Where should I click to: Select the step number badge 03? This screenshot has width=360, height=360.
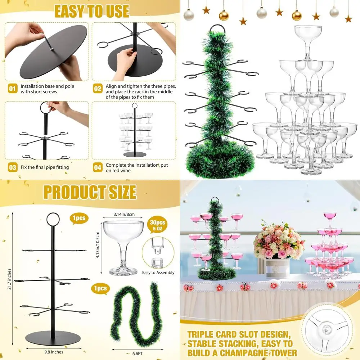tap(13, 167)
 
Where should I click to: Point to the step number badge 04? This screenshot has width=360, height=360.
tap(98, 167)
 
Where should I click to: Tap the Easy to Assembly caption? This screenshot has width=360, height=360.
tap(158, 273)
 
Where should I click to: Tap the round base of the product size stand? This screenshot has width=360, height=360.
tap(54, 339)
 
